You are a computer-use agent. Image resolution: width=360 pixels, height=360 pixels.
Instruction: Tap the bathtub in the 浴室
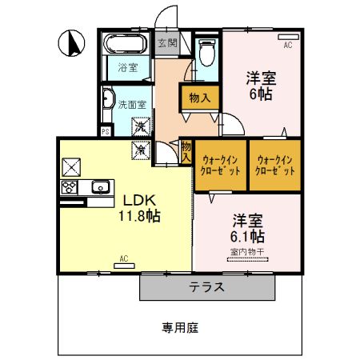click(125, 45)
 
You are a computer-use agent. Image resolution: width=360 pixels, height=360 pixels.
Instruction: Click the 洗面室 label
click(132, 105)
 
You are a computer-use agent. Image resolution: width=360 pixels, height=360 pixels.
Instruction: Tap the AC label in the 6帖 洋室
click(288, 46)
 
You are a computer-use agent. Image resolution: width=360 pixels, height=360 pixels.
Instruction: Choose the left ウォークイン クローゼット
click(220, 165)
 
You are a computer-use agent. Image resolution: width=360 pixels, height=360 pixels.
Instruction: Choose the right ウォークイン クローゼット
click(274, 165)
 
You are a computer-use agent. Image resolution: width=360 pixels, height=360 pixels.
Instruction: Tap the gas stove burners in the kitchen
click(69, 188)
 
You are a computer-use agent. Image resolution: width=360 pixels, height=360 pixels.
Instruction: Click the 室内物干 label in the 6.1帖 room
click(247, 252)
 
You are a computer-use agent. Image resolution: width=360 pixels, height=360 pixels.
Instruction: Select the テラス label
click(206, 286)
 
